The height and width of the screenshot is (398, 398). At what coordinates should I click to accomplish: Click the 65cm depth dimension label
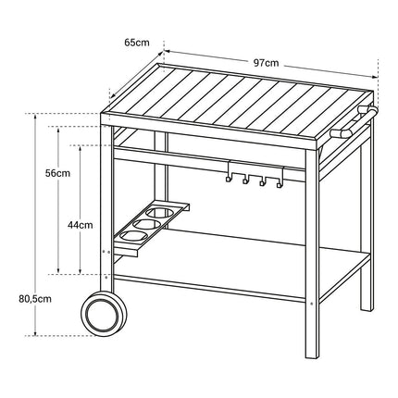(137, 43)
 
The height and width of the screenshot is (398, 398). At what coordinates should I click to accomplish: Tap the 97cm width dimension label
(266, 63)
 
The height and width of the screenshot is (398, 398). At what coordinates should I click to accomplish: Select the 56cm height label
(57, 173)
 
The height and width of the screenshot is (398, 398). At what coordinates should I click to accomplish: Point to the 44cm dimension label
(81, 225)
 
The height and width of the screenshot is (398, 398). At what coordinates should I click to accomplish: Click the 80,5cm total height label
(35, 299)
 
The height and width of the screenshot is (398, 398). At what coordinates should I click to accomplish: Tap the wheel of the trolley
(104, 314)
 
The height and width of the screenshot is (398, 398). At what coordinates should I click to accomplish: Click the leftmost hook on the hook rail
(228, 179)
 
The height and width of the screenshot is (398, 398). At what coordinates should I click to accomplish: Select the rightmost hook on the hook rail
(279, 185)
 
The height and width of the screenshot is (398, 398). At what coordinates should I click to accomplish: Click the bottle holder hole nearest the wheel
(133, 236)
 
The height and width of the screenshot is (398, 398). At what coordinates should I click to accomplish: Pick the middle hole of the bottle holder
(147, 224)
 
